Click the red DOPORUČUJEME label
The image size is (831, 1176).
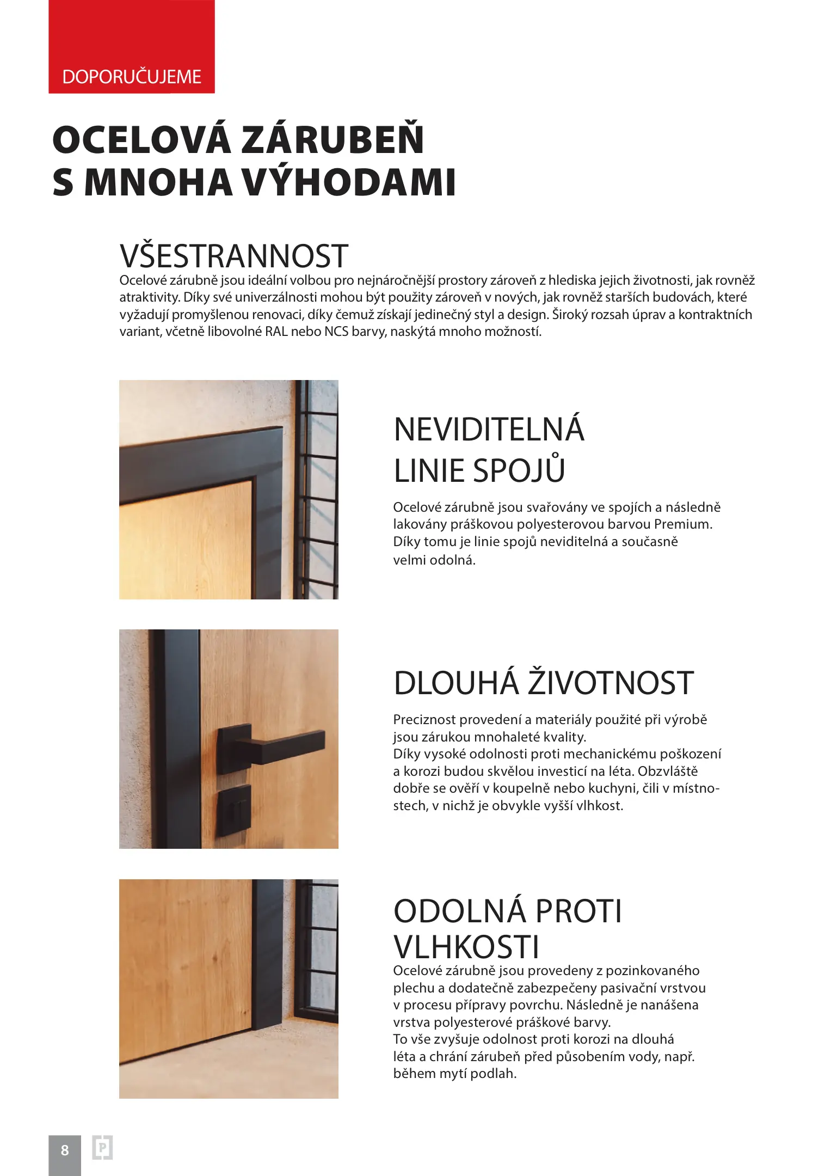click(132, 77)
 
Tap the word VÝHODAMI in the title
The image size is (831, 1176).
click(348, 182)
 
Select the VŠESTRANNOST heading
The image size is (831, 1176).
click(234, 256)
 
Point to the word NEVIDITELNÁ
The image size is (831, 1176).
click(489, 429)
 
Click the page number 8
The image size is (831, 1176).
click(65, 1150)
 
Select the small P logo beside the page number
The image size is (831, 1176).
click(102, 1148)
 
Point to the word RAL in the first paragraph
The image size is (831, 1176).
click(276, 332)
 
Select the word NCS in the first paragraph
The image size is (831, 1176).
click(336, 332)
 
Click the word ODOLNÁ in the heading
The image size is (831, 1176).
click(460, 911)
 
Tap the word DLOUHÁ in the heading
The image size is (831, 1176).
click(456, 683)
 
